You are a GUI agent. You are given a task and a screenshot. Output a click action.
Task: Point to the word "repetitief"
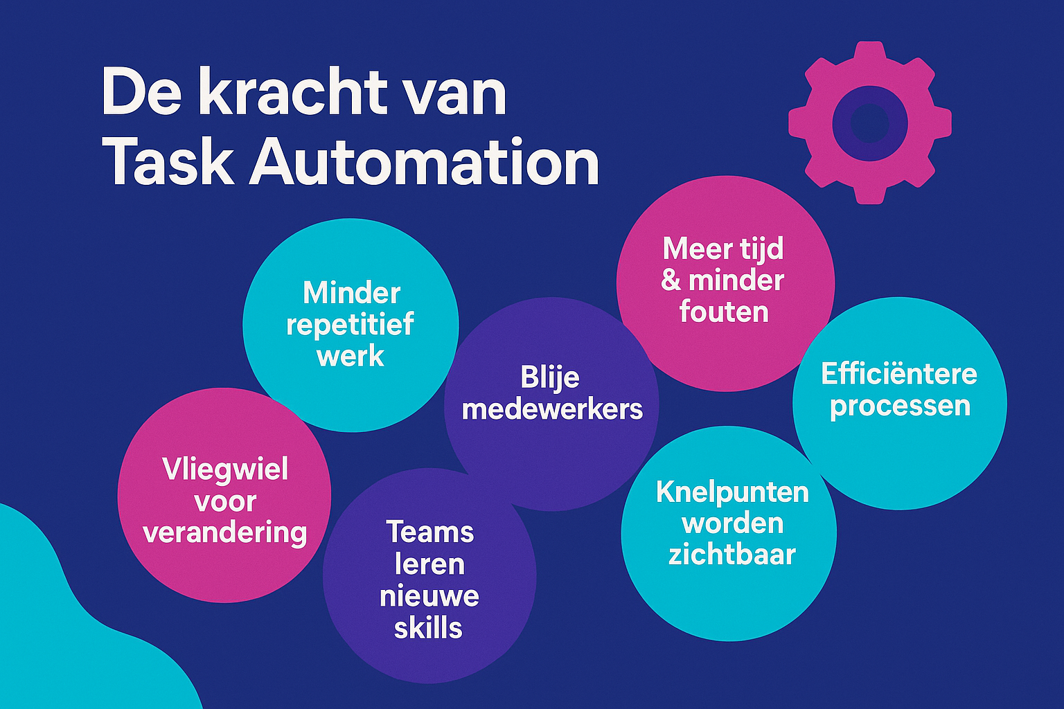351,325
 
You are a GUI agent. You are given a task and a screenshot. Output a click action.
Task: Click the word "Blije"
550,378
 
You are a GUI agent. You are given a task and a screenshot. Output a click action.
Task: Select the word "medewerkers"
552,409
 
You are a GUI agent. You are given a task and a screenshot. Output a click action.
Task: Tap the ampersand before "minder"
671,280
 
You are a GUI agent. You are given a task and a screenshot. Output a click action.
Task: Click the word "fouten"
724,312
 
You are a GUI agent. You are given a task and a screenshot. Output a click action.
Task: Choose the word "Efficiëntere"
899,375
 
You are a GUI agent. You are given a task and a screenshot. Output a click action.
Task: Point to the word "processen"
900,406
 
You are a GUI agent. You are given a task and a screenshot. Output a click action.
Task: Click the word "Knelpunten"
732,492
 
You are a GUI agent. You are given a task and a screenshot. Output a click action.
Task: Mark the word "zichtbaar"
731,555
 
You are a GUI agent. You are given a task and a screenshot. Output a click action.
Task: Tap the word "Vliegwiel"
225,469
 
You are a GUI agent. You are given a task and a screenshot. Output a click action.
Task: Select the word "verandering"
224,532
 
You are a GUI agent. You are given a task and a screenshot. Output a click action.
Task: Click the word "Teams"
430,532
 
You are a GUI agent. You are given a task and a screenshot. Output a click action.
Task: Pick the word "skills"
428,628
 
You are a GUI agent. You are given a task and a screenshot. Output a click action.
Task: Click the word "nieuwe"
429,596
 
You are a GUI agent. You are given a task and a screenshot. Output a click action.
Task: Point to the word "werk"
351,357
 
